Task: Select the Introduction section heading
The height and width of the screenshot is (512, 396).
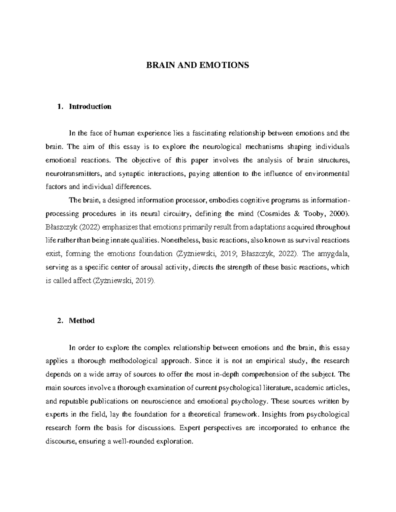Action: point(90,106)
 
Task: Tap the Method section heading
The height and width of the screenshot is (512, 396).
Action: point(82,321)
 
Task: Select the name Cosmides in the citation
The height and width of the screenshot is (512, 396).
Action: point(274,214)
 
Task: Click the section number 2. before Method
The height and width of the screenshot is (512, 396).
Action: point(60,321)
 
